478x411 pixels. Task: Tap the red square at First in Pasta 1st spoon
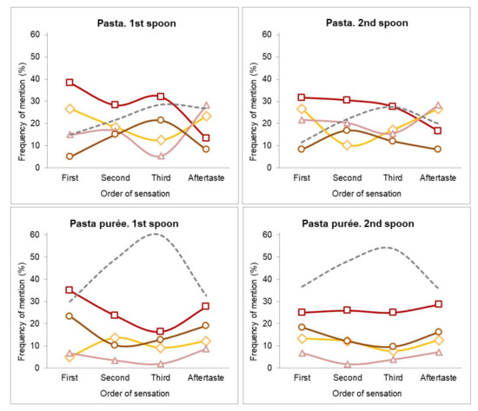click(70, 83)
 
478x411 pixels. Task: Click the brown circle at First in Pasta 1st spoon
click(70, 156)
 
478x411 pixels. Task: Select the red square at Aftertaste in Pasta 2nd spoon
click(437, 130)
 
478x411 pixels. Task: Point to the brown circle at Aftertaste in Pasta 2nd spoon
click(437, 149)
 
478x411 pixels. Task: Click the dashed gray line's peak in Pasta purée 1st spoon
click(156, 234)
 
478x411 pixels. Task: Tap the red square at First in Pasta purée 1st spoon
click(70, 290)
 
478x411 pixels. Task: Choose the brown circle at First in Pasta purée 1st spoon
click(70, 315)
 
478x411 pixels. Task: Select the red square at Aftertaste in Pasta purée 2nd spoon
click(437, 304)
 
